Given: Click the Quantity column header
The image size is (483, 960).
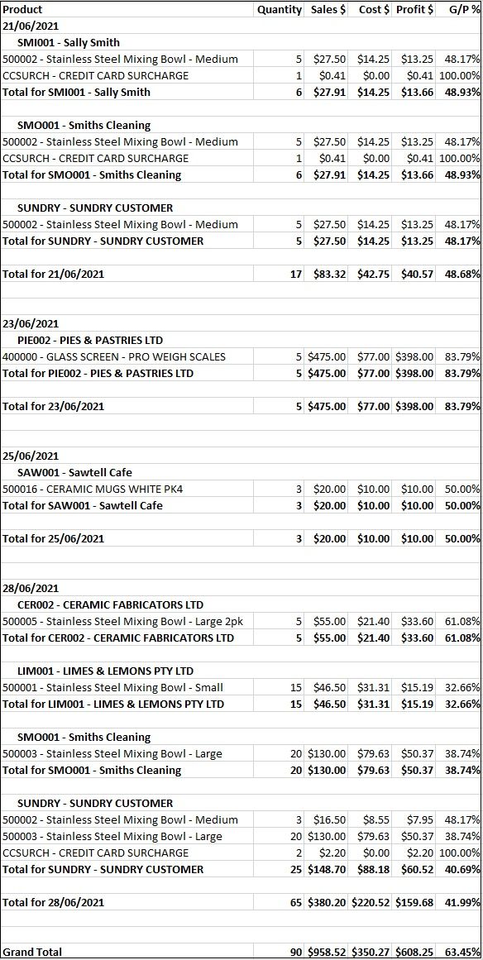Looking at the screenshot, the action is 280,9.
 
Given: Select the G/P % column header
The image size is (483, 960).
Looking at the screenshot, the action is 464,9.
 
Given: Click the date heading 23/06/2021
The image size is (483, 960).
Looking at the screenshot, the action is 31,323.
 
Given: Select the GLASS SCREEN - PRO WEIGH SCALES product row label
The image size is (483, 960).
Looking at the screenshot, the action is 113,356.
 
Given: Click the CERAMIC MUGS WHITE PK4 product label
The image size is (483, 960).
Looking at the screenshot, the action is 93,489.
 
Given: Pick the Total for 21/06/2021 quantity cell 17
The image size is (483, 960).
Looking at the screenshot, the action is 296,274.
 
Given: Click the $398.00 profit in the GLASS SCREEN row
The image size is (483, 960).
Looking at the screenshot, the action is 414,356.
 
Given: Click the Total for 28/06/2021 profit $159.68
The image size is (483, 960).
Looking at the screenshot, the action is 414,902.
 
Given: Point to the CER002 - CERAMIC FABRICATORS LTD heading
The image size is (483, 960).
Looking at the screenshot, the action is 110,604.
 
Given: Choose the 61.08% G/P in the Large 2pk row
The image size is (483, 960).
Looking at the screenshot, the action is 462,621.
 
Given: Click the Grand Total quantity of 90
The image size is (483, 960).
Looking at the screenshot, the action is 296,952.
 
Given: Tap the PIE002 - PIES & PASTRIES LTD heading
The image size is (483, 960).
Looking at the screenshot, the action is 90,340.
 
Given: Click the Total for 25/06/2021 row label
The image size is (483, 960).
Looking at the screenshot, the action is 53,538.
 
